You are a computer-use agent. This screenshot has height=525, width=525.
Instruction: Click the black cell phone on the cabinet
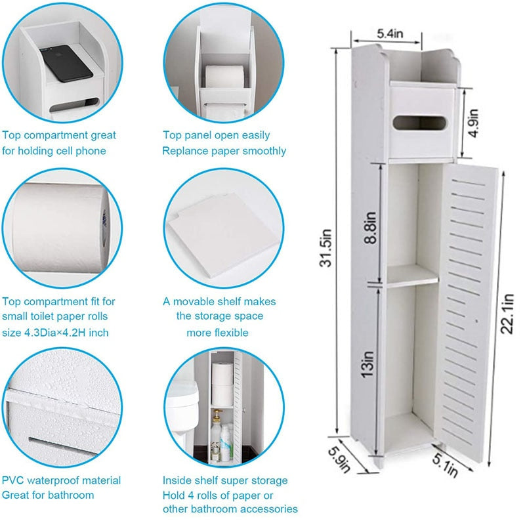pos(66,64)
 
